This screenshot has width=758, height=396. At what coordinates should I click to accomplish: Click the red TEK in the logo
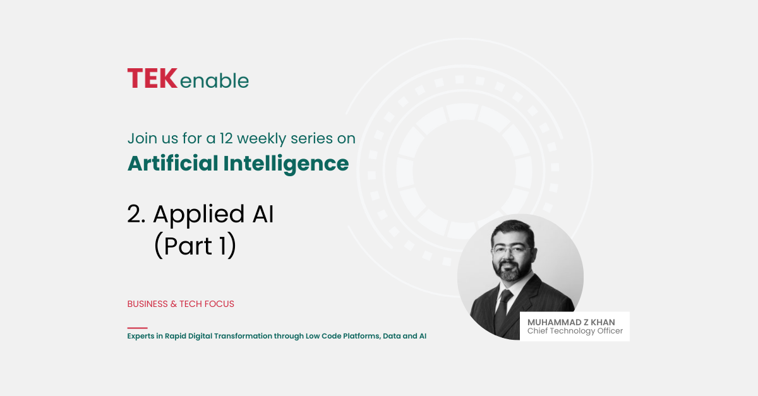click(152, 78)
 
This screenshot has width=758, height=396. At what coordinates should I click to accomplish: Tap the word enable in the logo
click(214, 81)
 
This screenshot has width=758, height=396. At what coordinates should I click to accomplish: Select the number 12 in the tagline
click(226, 138)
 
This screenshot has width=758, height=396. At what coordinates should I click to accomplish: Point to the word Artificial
click(172, 163)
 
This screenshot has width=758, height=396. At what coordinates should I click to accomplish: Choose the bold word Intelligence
click(286, 164)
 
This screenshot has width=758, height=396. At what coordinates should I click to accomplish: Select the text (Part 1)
click(195, 245)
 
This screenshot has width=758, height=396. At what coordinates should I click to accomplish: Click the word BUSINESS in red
click(148, 304)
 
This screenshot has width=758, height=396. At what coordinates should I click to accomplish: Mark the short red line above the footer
click(138, 328)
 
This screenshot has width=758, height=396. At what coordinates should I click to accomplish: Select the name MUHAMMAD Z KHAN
click(571, 322)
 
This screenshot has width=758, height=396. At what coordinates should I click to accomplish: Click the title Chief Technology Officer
click(575, 331)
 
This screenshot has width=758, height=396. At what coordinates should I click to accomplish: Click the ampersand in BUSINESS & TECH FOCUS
click(174, 304)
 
